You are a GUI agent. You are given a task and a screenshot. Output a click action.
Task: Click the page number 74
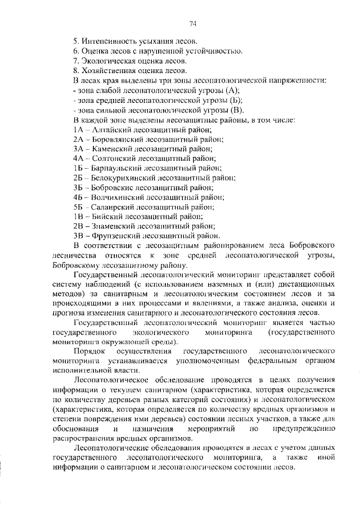pyautogui.click(x=192, y=23)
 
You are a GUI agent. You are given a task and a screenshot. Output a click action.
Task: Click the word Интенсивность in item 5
pyautogui.click(x=110, y=42)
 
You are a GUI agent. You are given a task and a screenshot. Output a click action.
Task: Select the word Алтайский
pyautogui.click(x=110, y=129)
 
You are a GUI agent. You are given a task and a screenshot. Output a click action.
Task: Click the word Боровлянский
pyautogui.click(x=116, y=138)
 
